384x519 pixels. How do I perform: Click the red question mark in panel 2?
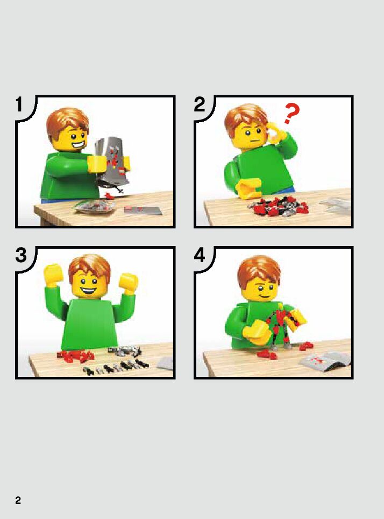click(291, 113)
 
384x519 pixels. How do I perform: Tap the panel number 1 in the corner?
click(19, 104)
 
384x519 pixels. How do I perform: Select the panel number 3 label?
click(21, 255)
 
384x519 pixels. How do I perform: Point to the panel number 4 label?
click(200, 255)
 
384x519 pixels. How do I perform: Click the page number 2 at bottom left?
click(18, 500)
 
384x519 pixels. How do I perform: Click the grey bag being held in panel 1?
click(112, 162)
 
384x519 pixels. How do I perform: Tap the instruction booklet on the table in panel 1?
click(143, 210)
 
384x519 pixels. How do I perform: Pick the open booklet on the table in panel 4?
click(324, 360)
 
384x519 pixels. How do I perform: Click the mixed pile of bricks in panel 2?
click(278, 206)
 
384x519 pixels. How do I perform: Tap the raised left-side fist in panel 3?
click(53, 273)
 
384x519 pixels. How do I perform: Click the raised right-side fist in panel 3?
click(129, 283)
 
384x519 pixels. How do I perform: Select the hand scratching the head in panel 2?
click(276, 134)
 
